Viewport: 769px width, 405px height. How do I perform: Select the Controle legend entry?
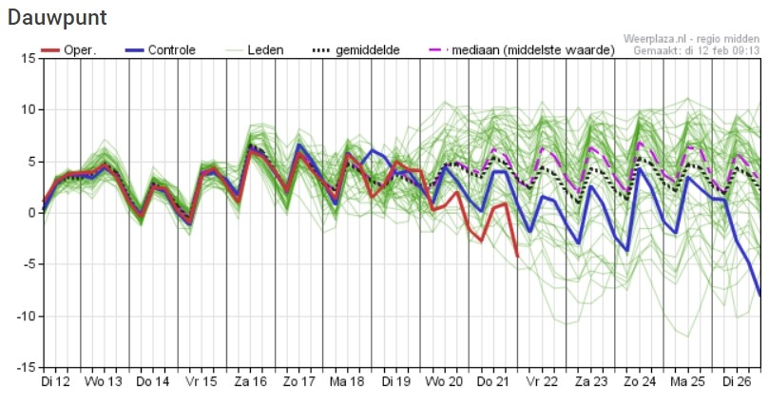173,48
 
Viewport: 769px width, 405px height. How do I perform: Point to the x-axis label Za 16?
250,381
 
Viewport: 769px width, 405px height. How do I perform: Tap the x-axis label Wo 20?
446,381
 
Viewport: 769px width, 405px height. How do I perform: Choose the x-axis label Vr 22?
544,381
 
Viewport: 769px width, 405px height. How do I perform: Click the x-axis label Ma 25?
690,381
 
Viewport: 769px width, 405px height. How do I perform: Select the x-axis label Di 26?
739,381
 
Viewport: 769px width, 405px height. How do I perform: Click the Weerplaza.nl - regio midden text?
691,38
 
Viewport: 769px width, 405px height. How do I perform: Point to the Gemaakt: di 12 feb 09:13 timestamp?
697,49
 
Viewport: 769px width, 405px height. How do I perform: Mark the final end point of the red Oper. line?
517,256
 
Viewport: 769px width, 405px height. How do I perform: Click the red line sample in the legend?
51,48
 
